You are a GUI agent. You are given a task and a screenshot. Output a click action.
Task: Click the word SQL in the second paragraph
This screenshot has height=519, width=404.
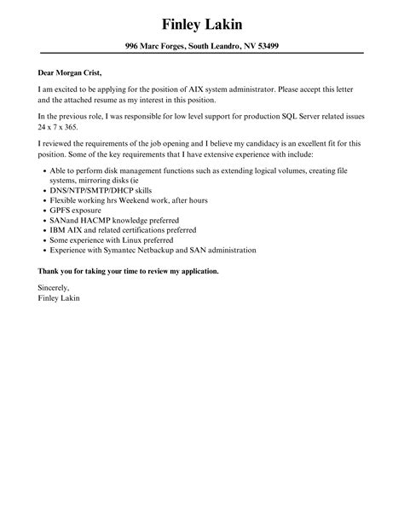(295, 115)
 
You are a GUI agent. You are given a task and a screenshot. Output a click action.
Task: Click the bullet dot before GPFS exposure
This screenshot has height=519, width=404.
(43, 210)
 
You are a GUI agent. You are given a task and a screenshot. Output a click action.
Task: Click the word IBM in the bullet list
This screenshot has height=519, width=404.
(59, 230)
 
